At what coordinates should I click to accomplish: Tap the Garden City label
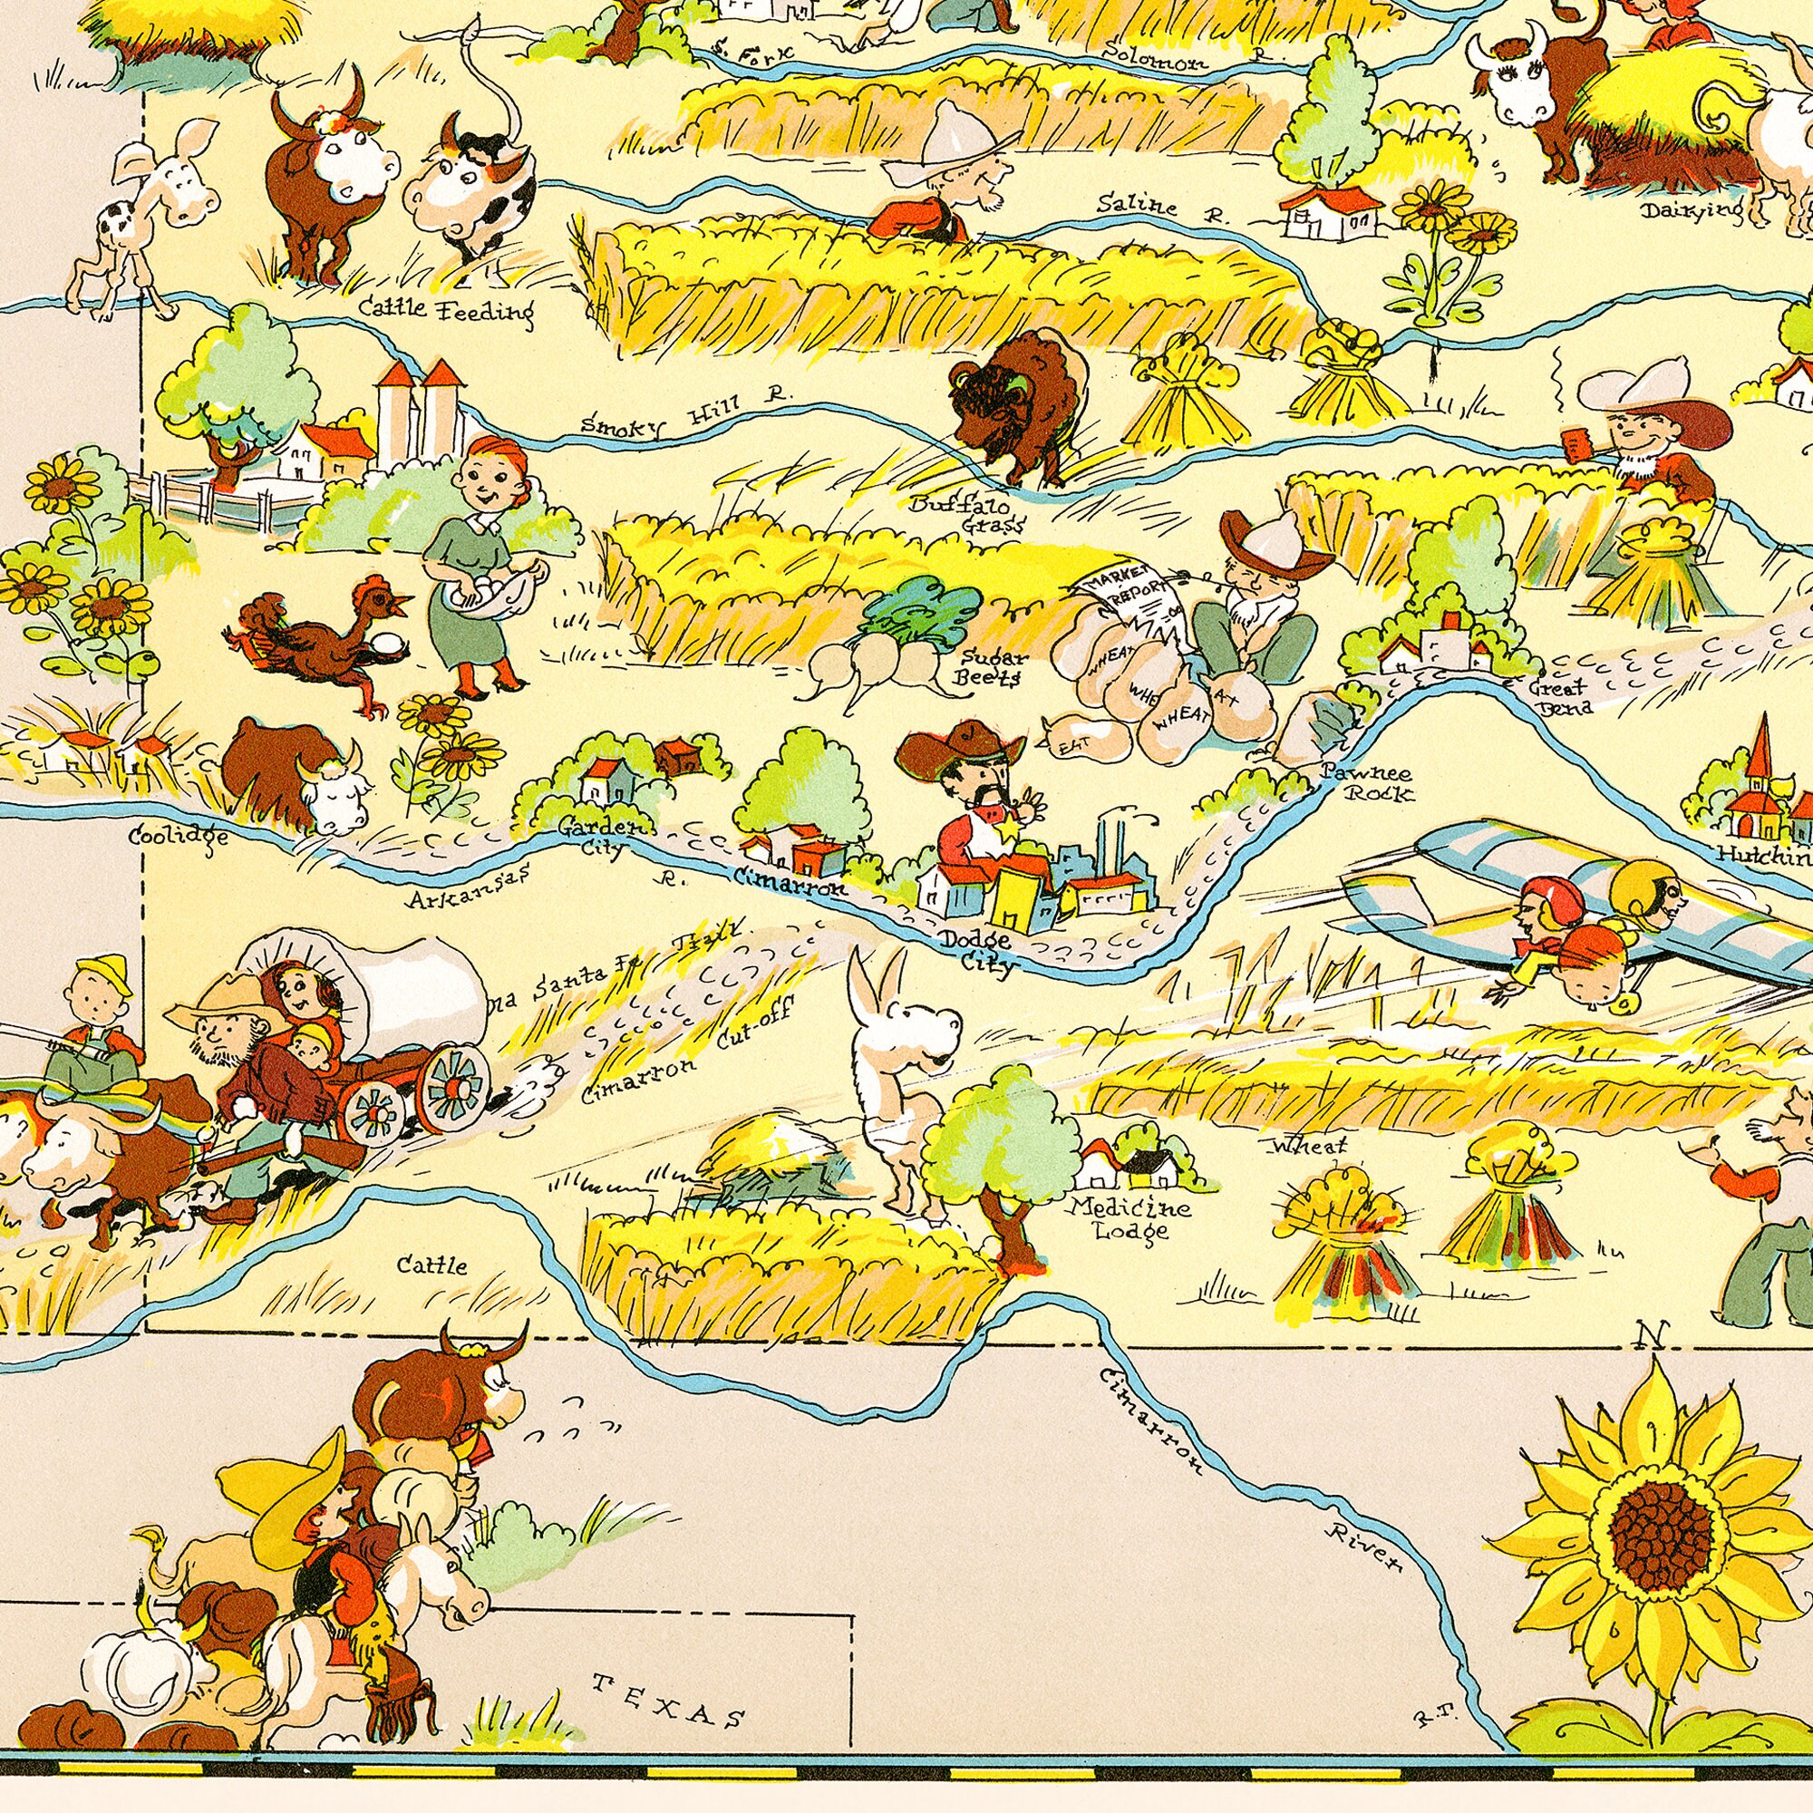tap(604, 837)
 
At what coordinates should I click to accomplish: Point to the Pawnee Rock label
tap(1366, 782)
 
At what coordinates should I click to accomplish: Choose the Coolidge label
tap(179, 835)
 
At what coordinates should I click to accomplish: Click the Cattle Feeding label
tap(446, 309)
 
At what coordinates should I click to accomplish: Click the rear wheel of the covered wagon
tap(452, 1087)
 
